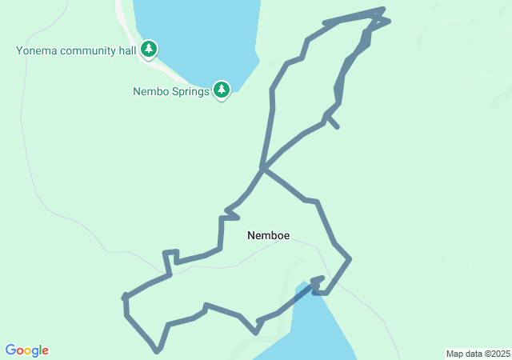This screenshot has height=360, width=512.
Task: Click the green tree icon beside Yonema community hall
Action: coord(148,50)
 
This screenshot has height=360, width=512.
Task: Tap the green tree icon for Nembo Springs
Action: coord(222,90)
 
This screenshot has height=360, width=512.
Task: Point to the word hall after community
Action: coord(128,51)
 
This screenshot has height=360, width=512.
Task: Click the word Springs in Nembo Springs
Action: coord(189,91)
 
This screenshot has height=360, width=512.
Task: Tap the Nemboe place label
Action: coord(268,235)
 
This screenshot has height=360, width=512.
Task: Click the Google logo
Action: coord(27,350)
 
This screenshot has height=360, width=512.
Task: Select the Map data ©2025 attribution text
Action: coord(478,354)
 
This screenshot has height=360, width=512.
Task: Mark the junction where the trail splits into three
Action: coord(262,168)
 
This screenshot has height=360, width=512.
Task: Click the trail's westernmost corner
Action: coord(125,298)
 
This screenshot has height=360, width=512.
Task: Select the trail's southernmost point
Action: coord(158,350)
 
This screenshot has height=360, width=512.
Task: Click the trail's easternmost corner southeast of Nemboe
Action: coord(350,258)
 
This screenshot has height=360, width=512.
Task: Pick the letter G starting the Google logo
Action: coord(10,350)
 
